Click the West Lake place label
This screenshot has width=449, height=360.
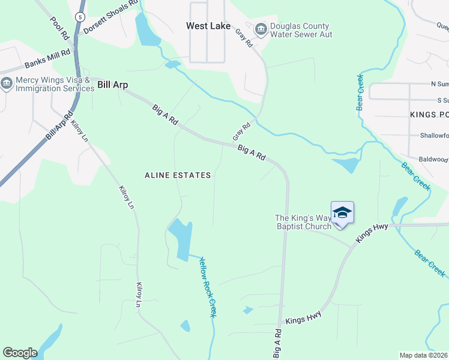208,26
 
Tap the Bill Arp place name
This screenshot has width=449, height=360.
113,85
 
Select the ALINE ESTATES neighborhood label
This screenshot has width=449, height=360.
178,175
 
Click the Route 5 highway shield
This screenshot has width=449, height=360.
81,16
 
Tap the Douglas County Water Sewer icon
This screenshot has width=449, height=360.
261,28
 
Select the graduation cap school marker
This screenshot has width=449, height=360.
342,213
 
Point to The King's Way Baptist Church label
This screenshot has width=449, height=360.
303,222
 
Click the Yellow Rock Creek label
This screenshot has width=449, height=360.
208,287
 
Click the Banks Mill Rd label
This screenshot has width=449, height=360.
47,58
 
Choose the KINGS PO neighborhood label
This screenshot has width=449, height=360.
429,114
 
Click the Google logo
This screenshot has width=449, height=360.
20,353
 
